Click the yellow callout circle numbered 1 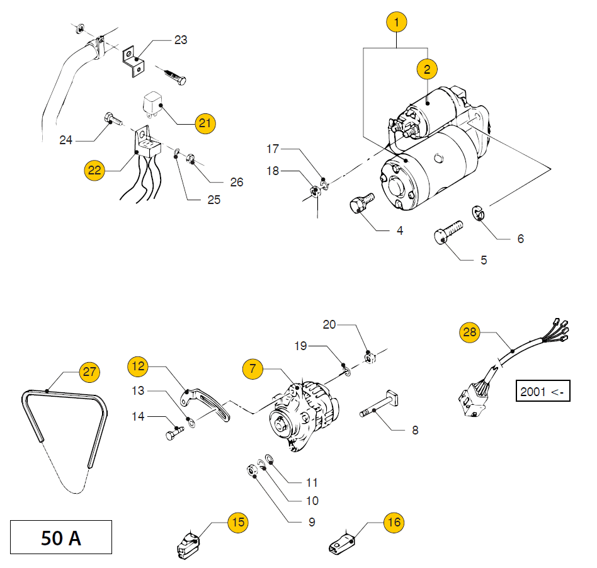coord(396,23)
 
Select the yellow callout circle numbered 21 coord(205,123)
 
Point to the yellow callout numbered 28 coord(470,333)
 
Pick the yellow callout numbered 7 coord(253,369)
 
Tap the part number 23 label coord(181,40)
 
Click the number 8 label coord(415,431)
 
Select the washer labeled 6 coord(480,214)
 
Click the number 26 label coord(236,183)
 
